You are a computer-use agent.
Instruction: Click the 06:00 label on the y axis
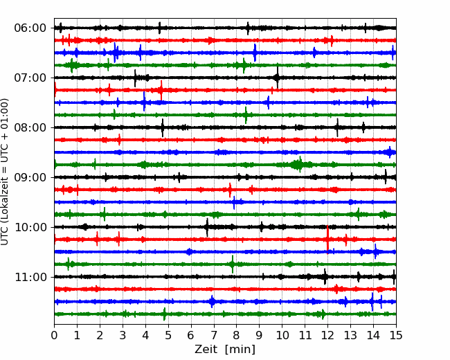tap(30, 28)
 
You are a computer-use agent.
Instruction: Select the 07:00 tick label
tap(30, 78)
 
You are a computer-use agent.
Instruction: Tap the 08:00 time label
tap(30, 127)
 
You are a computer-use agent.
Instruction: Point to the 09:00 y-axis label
tap(30, 177)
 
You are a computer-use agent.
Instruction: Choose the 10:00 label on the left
tap(30, 227)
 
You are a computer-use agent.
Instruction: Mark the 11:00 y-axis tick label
tap(30, 277)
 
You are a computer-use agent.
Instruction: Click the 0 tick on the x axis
tap(54, 335)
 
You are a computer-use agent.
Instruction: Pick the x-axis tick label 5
tap(168, 335)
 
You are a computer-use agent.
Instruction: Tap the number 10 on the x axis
tap(282, 335)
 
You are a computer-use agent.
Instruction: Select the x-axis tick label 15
tap(396, 335)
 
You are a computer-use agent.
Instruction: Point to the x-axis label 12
tap(327, 335)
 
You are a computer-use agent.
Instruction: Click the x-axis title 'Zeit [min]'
tap(225, 349)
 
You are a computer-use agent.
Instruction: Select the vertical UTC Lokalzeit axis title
tap(5, 172)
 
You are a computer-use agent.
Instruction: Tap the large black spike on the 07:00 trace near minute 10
tap(277, 78)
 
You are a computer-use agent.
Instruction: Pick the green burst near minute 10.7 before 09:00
tap(297, 165)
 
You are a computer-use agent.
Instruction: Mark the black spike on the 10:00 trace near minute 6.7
tap(207, 227)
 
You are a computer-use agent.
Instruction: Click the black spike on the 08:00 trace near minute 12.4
tap(337, 127)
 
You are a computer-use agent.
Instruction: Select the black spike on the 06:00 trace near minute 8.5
tap(248, 28)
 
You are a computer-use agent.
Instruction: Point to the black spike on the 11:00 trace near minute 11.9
tap(325, 277)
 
